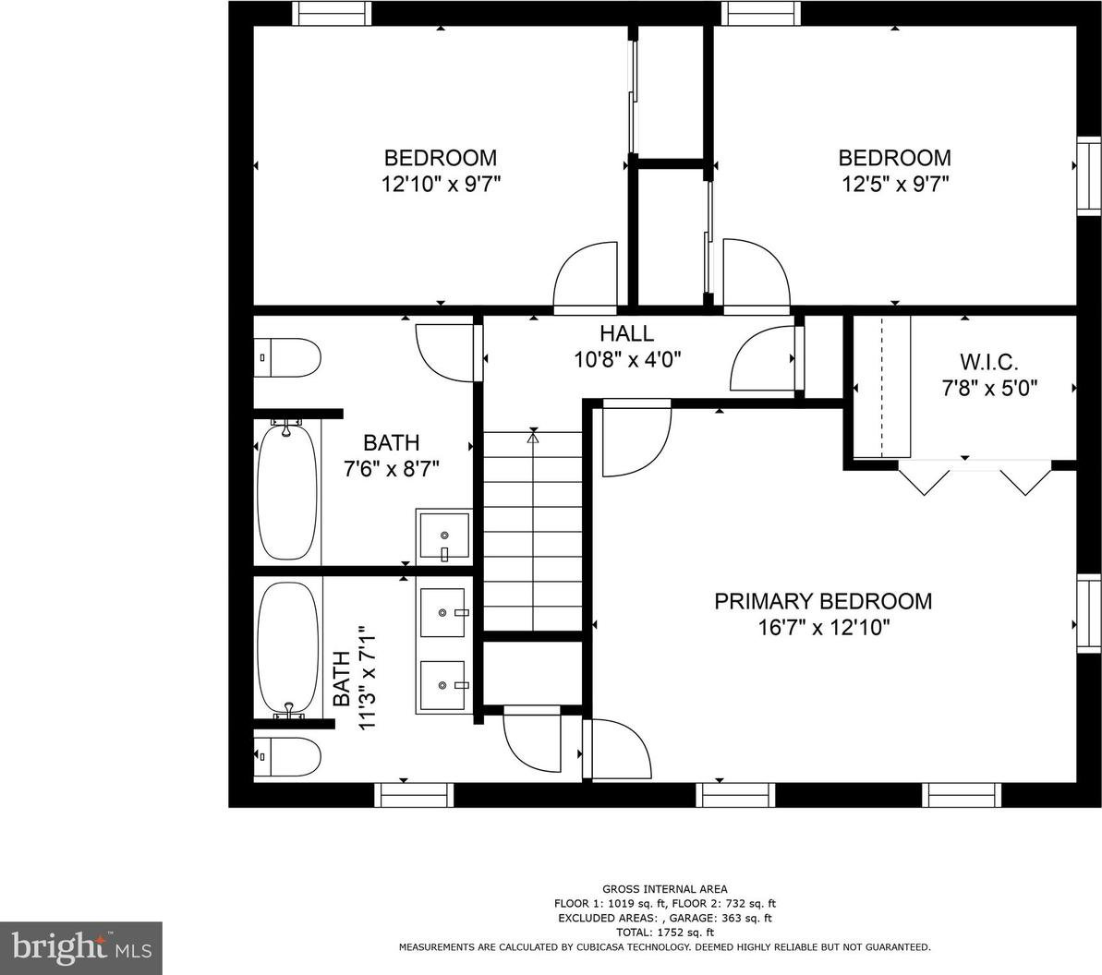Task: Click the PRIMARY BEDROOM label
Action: click(x=823, y=601)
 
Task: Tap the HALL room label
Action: click(x=627, y=333)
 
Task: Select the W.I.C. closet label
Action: click(x=989, y=363)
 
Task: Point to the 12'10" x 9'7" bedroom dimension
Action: click(x=441, y=185)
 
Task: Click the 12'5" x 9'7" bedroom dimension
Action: click(x=895, y=185)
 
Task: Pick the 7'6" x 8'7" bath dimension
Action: click(x=392, y=468)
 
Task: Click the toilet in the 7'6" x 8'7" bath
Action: click(x=287, y=357)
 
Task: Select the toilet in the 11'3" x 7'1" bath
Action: click(x=287, y=756)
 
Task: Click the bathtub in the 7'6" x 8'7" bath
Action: click(x=287, y=489)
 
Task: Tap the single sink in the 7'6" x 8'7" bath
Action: click(x=444, y=536)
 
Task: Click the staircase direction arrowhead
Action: click(x=533, y=439)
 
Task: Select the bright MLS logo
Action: click(x=81, y=947)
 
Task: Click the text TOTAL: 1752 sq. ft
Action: click(x=664, y=933)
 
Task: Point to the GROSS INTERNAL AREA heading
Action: click(x=665, y=889)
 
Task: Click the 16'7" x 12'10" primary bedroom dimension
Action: click(x=824, y=627)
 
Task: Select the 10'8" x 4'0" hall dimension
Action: click(x=627, y=360)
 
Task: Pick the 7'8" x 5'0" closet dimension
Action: click(x=989, y=388)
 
